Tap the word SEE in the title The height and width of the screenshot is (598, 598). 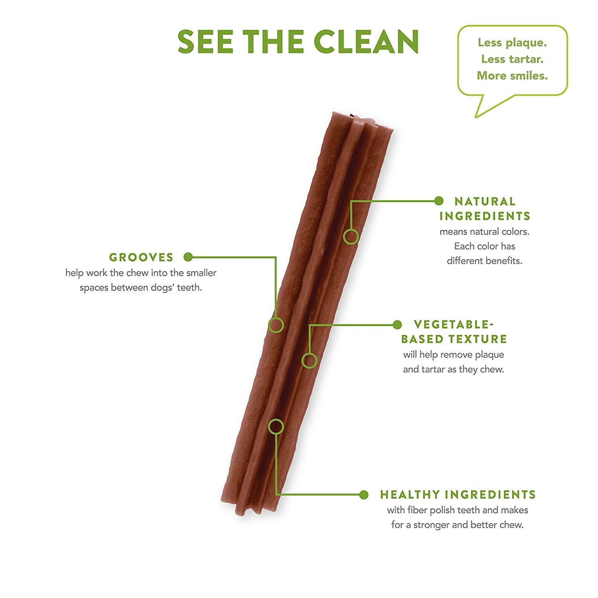coord(205,41)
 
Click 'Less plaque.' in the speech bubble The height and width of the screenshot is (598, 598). coord(512,43)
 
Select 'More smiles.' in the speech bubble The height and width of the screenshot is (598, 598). coord(512,75)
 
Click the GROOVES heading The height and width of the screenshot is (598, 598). coord(142,257)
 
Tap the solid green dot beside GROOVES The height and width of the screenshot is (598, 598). coord(189,257)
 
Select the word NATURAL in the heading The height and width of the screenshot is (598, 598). coord(485,201)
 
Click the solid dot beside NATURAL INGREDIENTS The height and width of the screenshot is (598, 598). coord(439,201)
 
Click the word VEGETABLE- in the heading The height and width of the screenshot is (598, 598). coord(451,325)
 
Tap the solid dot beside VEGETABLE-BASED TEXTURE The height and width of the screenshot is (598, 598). coord(397,325)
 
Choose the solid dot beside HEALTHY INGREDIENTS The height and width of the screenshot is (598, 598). coord(363,495)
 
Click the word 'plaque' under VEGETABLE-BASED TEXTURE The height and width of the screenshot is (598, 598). coord(490,355)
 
